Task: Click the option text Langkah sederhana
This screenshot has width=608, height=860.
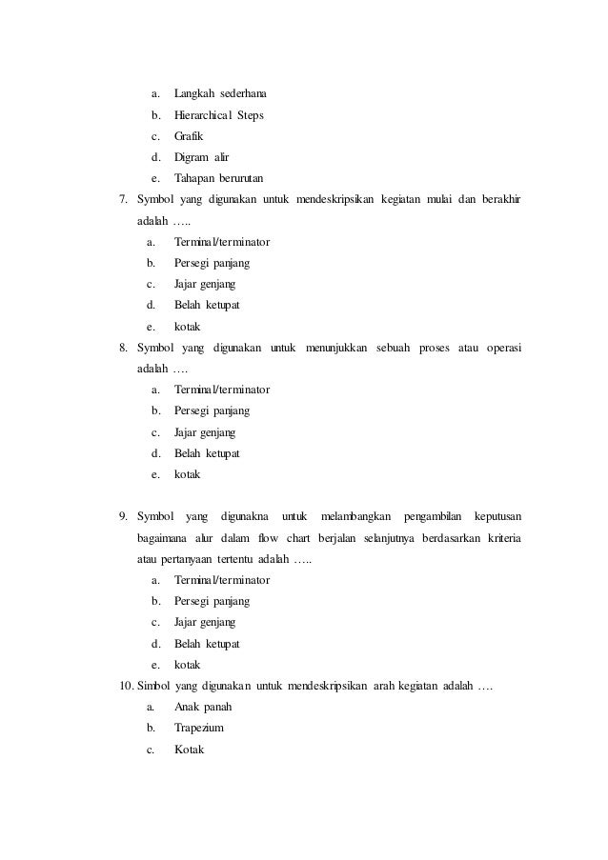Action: coord(220,94)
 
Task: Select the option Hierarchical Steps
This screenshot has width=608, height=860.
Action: coord(219,115)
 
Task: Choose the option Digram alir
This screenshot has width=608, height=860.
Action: coord(202,157)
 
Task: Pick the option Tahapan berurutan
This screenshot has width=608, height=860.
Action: coord(218,178)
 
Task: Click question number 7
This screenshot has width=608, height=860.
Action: coord(123,200)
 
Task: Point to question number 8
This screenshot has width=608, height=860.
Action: coord(123,348)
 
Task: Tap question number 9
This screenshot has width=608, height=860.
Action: coord(123,517)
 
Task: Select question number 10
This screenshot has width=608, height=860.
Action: coord(125,687)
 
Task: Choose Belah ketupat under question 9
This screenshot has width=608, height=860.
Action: coord(207,644)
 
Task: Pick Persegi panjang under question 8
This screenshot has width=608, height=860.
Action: coord(212,410)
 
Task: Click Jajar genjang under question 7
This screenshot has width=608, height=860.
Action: coord(205,284)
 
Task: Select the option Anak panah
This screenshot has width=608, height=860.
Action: coord(203,708)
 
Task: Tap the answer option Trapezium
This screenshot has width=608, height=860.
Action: coord(198,729)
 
